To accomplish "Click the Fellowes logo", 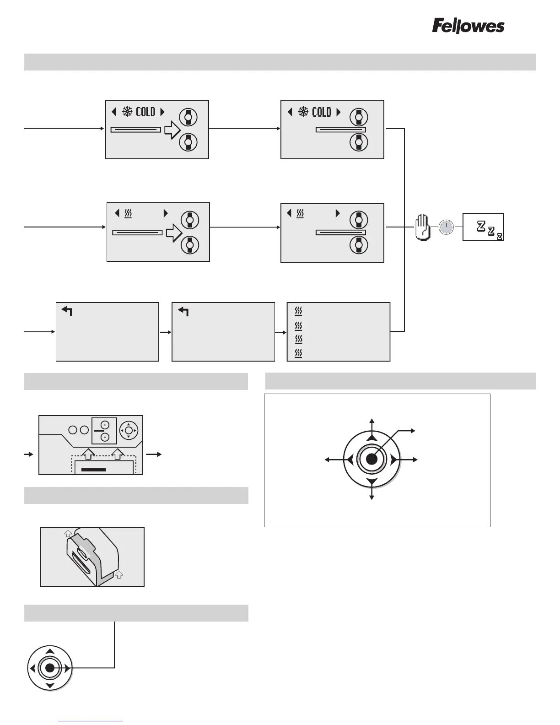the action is [x=468, y=26].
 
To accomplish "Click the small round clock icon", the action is [x=446, y=227].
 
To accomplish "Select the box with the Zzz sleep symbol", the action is [x=483, y=227].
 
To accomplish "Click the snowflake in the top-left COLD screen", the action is [x=127, y=111].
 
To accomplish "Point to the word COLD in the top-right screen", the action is [x=321, y=112].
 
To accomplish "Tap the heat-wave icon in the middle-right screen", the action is [x=300, y=213].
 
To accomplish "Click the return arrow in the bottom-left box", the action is [x=67, y=311].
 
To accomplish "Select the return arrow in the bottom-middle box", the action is [x=183, y=312].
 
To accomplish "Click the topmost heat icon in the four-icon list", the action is [x=298, y=311].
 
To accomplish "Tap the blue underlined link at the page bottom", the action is [x=91, y=721].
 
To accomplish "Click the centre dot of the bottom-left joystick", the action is [x=50, y=668].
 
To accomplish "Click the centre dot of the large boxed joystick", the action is [x=372, y=459].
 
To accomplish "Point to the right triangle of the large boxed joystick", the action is [x=393, y=459].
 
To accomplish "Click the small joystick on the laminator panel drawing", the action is [x=129, y=430].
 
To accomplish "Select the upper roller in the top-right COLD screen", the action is [x=359, y=117].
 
